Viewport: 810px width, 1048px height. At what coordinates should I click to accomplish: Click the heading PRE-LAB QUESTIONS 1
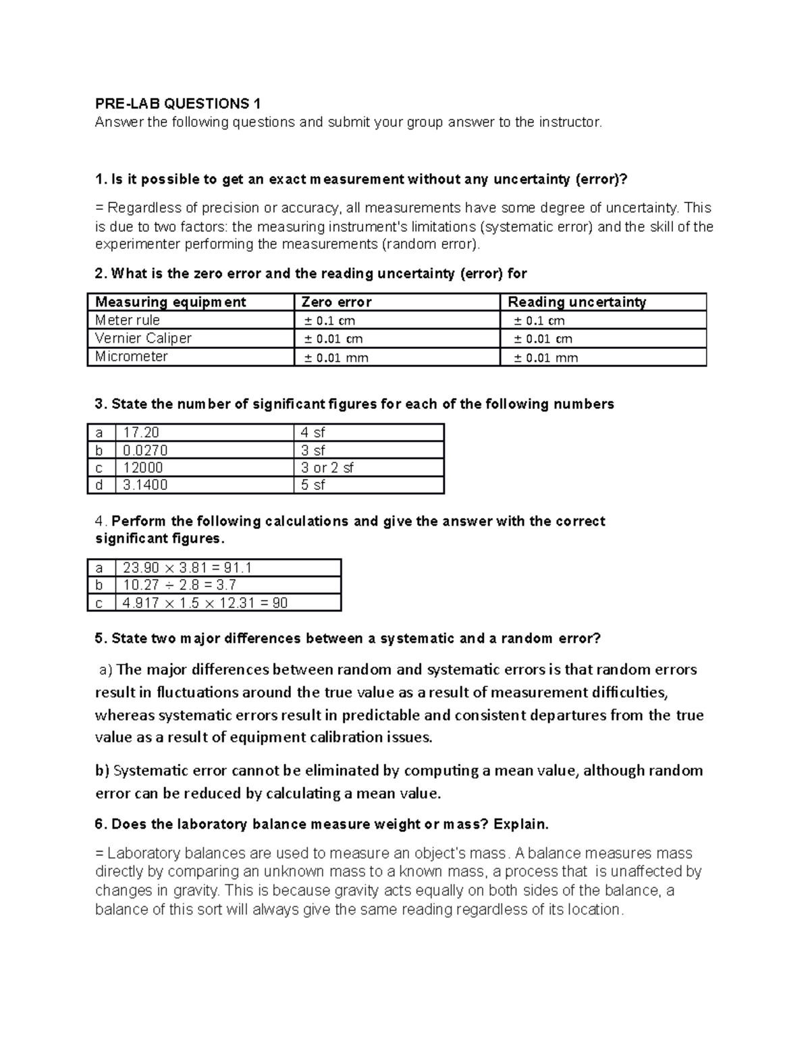pyautogui.click(x=178, y=103)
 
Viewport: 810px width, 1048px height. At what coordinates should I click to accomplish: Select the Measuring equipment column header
pyautogui.click(x=170, y=302)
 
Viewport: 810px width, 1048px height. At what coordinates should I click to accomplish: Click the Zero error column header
pyautogui.click(x=336, y=302)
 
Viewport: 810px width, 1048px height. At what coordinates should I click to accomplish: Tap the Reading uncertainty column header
pyautogui.click(x=576, y=302)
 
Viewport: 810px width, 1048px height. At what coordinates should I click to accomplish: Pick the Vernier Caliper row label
pyautogui.click(x=143, y=338)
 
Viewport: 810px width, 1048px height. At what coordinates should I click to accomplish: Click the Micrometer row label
pyautogui.click(x=131, y=356)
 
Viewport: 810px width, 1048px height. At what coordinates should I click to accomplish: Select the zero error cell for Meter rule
pyautogui.click(x=329, y=321)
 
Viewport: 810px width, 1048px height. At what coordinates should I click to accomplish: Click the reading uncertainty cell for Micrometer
pyautogui.click(x=545, y=358)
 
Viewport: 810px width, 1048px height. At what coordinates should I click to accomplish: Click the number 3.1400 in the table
pyautogui.click(x=145, y=485)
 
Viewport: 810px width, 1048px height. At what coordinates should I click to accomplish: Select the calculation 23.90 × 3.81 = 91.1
pyautogui.click(x=187, y=568)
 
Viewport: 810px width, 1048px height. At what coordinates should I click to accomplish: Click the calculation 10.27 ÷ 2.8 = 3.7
pyautogui.click(x=180, y=585)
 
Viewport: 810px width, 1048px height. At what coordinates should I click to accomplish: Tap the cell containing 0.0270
pyautogui.click(x=145, y=450)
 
